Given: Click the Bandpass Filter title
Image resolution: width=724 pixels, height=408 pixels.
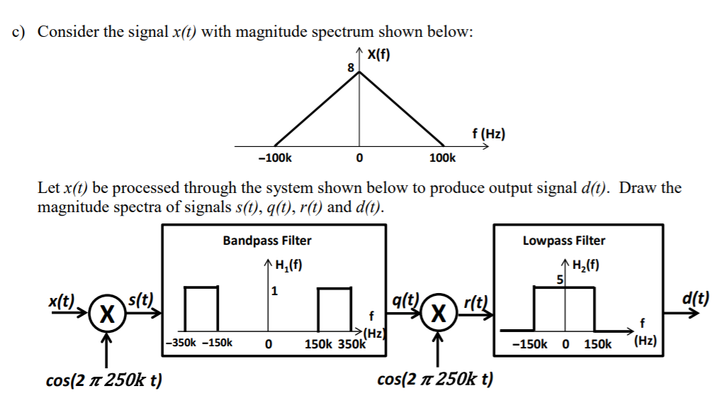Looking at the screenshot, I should click(267, 241).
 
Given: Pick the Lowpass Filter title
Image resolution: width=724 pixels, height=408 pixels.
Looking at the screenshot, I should click(564, 241).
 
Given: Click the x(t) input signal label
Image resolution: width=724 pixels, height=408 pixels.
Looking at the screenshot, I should click(62, 300).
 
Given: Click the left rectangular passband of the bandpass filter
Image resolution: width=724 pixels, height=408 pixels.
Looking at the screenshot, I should click(200, 309).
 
